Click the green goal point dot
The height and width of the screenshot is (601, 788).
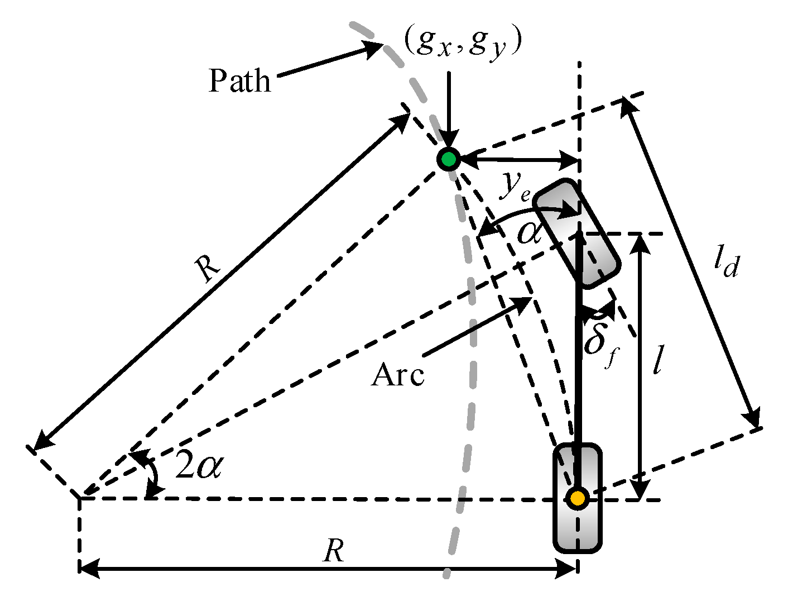pyautogui.click(x=448, y=160)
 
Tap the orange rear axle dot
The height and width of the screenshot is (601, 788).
pyautogui.click(x=577, y=497)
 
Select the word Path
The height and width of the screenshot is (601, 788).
pyautogui.click(x=239, y=81)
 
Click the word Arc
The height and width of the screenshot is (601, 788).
pyautogui.click(x=397, y=375)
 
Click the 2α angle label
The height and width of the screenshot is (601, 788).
pyautogui.click(x=199, y=465)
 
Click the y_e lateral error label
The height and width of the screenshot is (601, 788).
pyautogui.click(x=514, y=187)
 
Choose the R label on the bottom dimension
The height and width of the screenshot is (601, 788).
pyautogui.click(x=333, y=552)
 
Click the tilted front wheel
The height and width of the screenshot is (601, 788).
pyautogui.click(x=576, y=233)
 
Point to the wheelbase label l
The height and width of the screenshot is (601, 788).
pyautogui.click(x=659, y=360)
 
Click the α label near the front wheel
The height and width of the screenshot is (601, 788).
pyautogui.click(x=529, y=232)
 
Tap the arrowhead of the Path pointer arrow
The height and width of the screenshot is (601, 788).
pyautogui.click(x=376, y=49)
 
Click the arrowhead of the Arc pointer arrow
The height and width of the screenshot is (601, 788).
pyautogui.click(x=524, y=302)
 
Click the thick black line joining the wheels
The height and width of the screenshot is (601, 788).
pyautogui.click(x=578, y=363)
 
